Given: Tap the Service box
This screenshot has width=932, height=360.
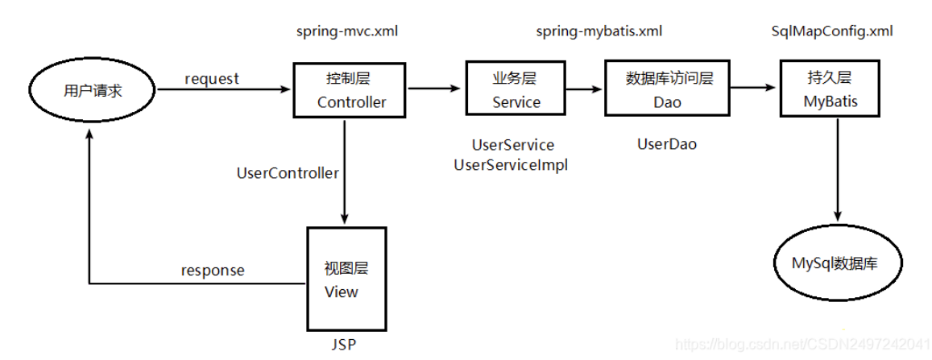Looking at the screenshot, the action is [516, 89].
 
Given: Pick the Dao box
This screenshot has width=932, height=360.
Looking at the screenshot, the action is [668, 87].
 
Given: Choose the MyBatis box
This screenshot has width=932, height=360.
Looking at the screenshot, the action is [830, 89].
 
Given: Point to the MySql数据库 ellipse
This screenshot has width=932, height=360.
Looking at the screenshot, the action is [839, 263].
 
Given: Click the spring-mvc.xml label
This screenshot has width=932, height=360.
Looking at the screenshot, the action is [347, 31].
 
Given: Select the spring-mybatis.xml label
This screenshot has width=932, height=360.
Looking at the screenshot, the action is [599, 31].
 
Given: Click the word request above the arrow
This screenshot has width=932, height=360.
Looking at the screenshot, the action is [212, 78].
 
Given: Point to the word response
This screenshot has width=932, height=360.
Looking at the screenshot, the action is [212, 271].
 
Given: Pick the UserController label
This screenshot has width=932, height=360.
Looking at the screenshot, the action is [288, 173].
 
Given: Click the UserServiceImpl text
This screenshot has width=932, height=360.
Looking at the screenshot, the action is [511, 165].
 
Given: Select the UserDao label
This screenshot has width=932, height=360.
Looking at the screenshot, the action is [667, 144].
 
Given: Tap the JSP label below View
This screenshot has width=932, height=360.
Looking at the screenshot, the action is [343, 346].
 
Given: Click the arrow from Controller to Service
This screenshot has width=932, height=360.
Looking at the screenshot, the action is [434, 89].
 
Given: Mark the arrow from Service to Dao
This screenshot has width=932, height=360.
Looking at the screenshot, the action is [586, 89].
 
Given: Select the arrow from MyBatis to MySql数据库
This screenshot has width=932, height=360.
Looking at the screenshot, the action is [839, 168].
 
